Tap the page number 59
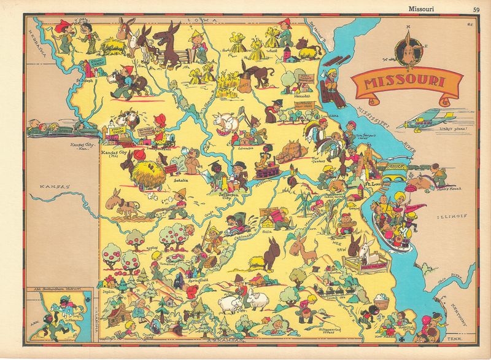click(x=476, y=7)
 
